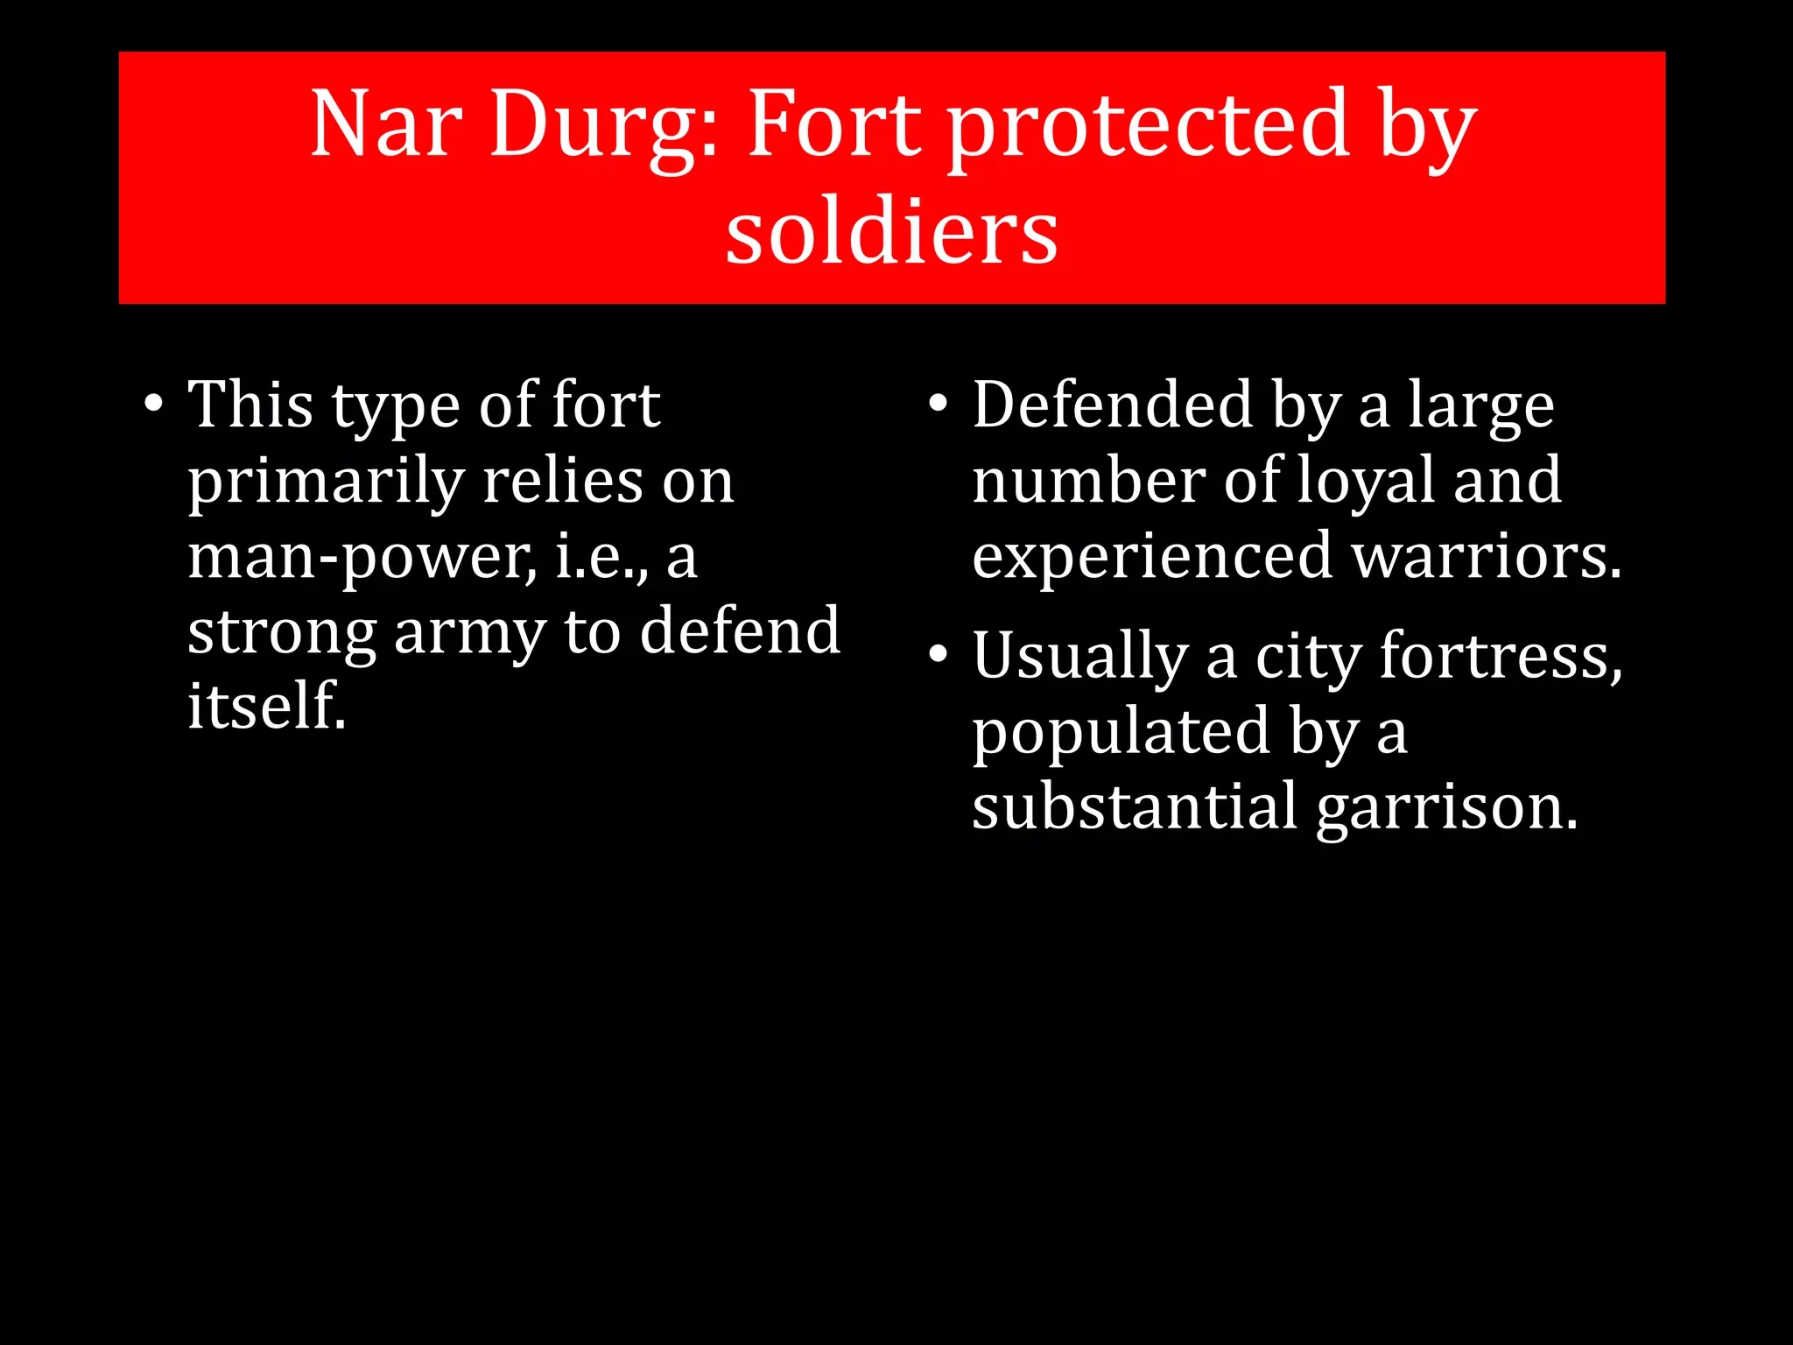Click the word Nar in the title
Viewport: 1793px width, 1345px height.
coord(385,125)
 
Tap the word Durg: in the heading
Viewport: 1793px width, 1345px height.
coord(604,125)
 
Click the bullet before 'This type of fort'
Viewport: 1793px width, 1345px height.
coord(154,405)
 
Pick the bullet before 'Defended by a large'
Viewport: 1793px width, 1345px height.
coord(939,405)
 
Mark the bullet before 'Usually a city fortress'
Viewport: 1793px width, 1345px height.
coord(939,655)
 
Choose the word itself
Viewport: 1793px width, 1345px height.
coord(266,706)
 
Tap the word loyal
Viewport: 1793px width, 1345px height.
coord(1365,482)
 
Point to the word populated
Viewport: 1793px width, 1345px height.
coord(1122,732)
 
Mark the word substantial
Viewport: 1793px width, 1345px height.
coord(1135,806)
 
